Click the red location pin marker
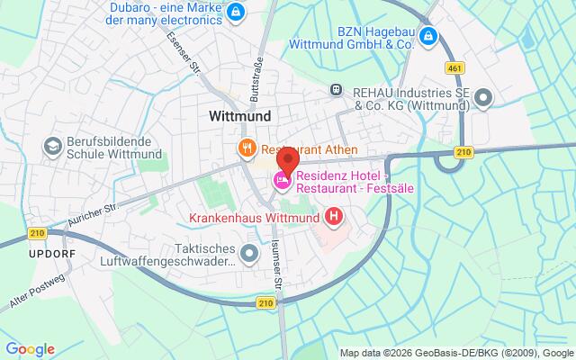pos(286,163)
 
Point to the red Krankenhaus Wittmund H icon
pos(334,216)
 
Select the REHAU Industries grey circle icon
pos(484,97)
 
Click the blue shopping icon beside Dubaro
pos(235,12)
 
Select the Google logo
pos(30,348)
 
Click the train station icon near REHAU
pos(336,89)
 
